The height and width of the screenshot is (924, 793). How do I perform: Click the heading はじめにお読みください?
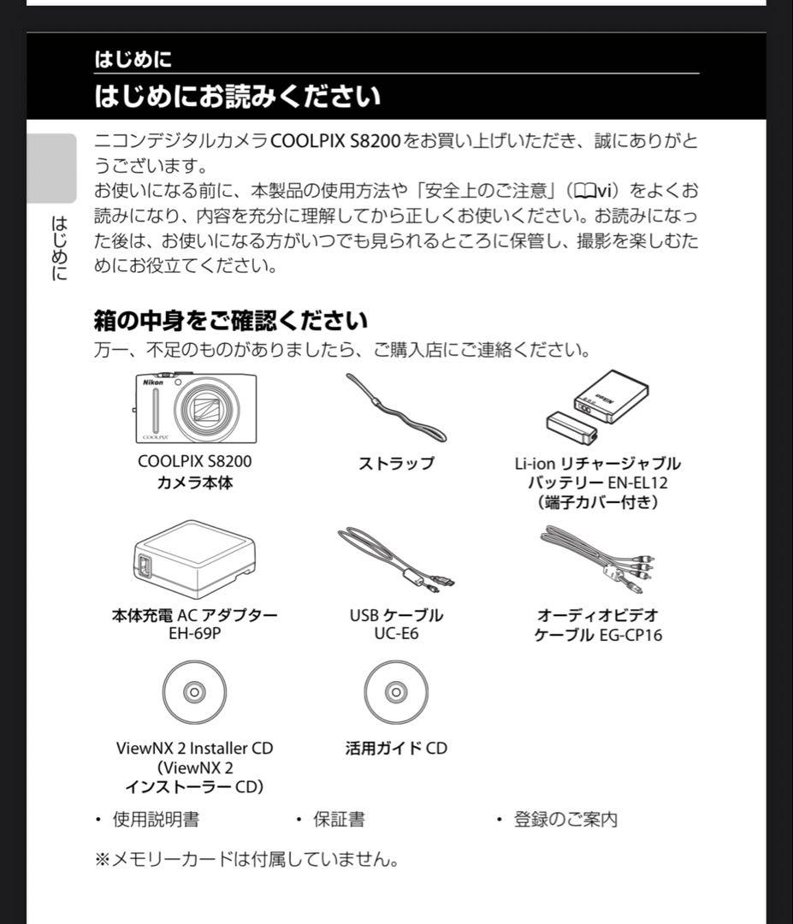(x=237, y=96)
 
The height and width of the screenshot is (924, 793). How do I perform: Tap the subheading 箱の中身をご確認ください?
(x=230, y=321)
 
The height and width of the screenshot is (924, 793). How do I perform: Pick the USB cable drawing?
(x=394, y=560)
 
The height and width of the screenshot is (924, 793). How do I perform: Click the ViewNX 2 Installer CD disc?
(x=194, y=691)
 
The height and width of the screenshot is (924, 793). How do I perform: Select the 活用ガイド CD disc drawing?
(x=395, y=691)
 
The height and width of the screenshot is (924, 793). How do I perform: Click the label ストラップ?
(x=395, y=464)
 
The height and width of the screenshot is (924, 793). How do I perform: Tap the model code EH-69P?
(x=194, y=634)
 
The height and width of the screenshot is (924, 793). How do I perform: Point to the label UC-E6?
(x=395, y=634)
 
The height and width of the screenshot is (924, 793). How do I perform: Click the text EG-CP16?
(x=630, y=635)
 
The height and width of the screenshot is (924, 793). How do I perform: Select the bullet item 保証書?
(x=339, y=820)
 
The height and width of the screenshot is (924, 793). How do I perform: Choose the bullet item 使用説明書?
(x=156, y=820)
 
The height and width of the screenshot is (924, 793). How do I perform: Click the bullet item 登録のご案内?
(x=565, y=820)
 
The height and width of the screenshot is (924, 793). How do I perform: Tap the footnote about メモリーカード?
(x=246, y=859)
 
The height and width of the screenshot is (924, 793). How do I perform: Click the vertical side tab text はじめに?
(x=59, y=248)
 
